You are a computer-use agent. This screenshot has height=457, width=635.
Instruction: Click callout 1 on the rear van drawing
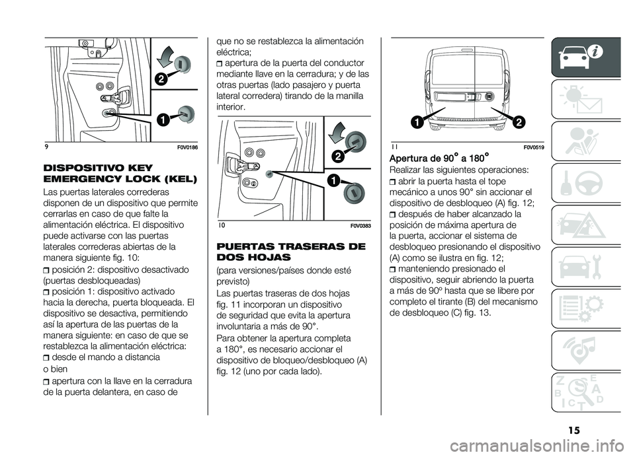click(x=417, y=121)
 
